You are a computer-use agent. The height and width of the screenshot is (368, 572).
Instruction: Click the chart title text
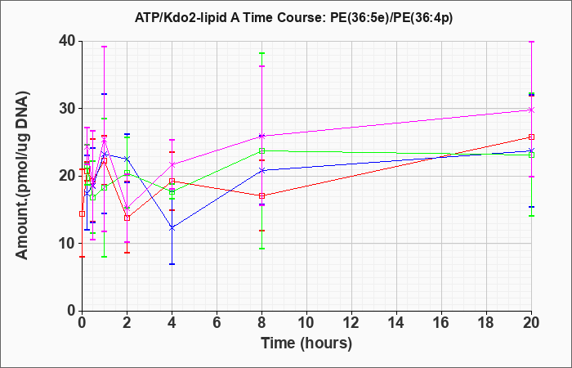(293, 18)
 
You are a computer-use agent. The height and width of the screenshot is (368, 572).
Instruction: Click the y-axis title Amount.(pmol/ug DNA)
(22, 175)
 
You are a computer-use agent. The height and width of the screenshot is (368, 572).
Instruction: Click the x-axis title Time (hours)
(306, 343)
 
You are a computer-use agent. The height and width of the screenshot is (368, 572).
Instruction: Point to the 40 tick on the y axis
(67, 41)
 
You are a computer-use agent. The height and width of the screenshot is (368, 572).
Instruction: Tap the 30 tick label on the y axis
(67, 109)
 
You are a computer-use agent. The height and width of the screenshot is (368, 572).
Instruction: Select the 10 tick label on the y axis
(67, 244)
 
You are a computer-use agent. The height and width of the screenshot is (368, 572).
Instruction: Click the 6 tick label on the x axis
(217, 323)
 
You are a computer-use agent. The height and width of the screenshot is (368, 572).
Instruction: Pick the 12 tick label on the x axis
(351, 323)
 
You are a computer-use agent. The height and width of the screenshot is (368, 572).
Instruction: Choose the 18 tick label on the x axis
(486, 323)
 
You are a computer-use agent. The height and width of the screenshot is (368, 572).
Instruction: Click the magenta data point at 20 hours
(531, 110)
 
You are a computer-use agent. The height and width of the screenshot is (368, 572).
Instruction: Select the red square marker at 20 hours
(531, 137)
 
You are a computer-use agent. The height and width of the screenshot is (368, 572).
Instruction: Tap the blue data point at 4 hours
(172, 228)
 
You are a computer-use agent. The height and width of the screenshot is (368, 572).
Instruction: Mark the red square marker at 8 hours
(261, 196)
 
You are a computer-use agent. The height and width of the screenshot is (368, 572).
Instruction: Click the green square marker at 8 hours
(261, 150)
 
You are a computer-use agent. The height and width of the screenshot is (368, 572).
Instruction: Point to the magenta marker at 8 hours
(261, 137)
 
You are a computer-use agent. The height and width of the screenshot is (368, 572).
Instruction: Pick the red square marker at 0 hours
(82, 214)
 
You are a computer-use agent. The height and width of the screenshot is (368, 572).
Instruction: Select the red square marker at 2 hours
(127, 218)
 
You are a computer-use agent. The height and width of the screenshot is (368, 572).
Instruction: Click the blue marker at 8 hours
(261, 170)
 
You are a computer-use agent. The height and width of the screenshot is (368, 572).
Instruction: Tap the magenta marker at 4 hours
(172, 164)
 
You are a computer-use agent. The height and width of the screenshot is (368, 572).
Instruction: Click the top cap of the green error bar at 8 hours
(261, 53)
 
